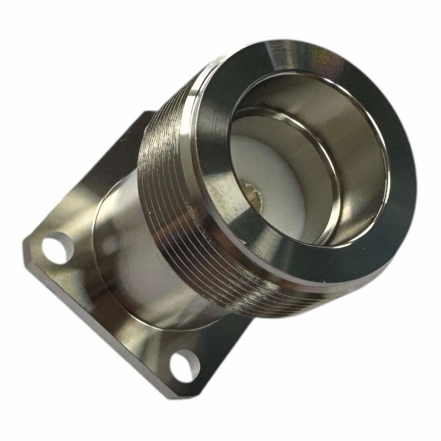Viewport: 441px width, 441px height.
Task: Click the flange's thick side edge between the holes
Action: click(99, 325)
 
